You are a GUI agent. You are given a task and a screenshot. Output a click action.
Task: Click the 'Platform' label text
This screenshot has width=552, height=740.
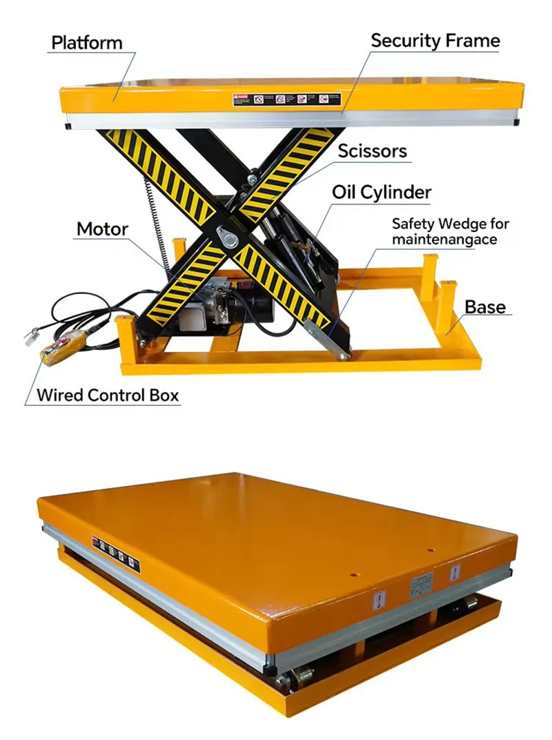pyautogui.click(x=86, y=43)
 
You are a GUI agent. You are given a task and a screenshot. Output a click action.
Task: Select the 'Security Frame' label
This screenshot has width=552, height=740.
pyautogui.click(x=435, y=41)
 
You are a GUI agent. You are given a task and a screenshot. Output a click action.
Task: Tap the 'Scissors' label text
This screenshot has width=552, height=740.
pyautogui.click(x=372, y=151)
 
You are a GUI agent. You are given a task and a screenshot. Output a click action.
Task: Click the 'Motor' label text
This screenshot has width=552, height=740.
pyautogui.click(x=102, y=229)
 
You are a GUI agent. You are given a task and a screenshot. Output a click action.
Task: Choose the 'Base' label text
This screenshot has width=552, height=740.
pyautogui.click(x=484, y=306)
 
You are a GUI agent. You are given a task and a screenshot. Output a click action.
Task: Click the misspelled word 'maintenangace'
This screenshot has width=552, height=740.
pyautogui.click(x=444, y=240)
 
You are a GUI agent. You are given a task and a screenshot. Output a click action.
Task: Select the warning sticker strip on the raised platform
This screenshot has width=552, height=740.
pyautogui.click(x=286, y=99)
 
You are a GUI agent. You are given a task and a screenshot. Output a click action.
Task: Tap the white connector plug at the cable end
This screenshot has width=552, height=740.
pyautogui.click(x=30, y=339)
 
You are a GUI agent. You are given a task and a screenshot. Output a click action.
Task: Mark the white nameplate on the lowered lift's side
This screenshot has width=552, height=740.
pyautogui.click(x=421, y=585)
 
